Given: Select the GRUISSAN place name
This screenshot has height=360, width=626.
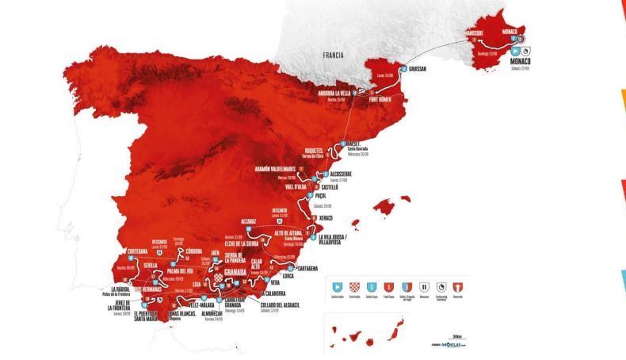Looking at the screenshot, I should [x=418, y=69].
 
